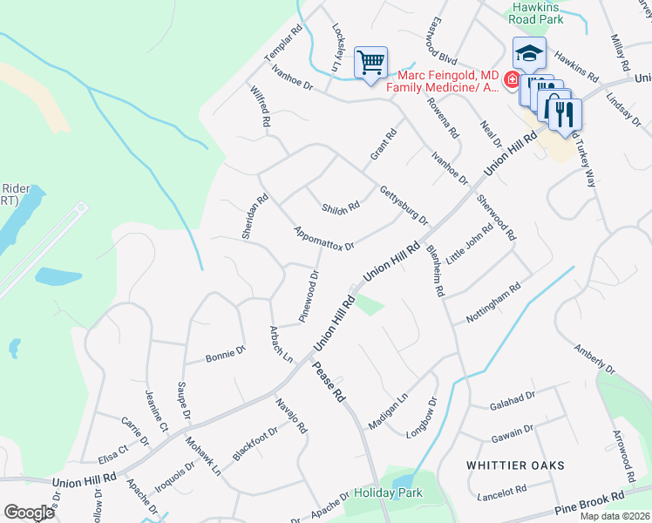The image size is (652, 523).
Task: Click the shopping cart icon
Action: click(371, 64)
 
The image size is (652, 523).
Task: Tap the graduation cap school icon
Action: click(529, 54)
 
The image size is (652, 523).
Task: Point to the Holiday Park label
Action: click(388, 492)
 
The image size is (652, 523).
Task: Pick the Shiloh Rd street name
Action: click(341, 207)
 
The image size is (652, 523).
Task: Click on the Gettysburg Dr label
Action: click(404, 205)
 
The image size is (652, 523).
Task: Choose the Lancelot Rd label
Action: click(503, 493)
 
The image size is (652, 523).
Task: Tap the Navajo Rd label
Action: click(292, 414)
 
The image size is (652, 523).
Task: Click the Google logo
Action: click(29, 512)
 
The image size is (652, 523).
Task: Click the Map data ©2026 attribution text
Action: click(615, 516)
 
